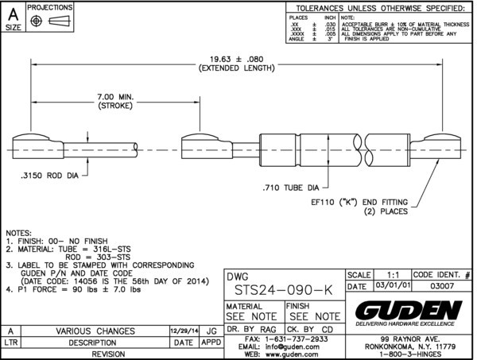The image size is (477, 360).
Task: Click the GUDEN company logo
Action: pos(408,309)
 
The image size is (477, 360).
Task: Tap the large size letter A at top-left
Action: pos(13,12)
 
